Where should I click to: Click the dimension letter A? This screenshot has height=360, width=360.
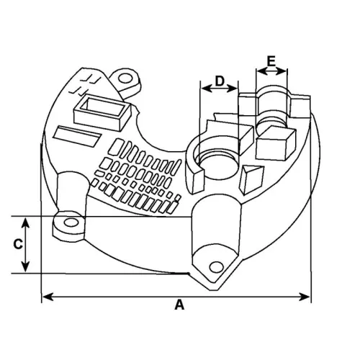click(x=179, y=305)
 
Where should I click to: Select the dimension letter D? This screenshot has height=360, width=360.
click(x=220, y=82)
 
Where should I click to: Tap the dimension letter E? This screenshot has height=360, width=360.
click(x=271, y=62)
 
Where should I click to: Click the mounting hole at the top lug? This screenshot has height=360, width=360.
click(x=127, y=76)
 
